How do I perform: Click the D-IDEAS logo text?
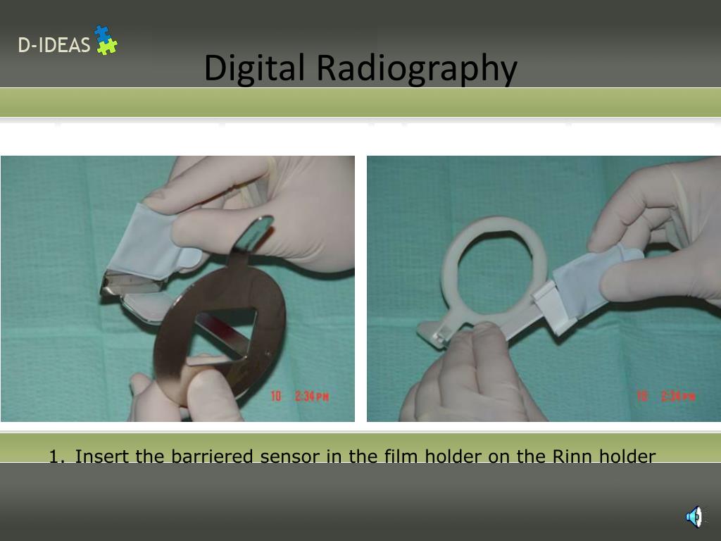(54, 46)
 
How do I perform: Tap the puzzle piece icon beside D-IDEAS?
(106, 40)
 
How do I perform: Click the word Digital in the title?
(254, 68)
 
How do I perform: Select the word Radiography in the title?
(416, 68)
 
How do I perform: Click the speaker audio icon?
(694, 516)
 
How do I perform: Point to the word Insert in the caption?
(102, 457)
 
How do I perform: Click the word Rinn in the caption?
(573, 457)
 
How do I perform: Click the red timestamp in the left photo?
(300, 397)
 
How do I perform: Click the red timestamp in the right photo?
(666, 397)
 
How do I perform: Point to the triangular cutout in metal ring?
(225, 335)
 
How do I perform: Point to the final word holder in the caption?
(627, 457)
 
